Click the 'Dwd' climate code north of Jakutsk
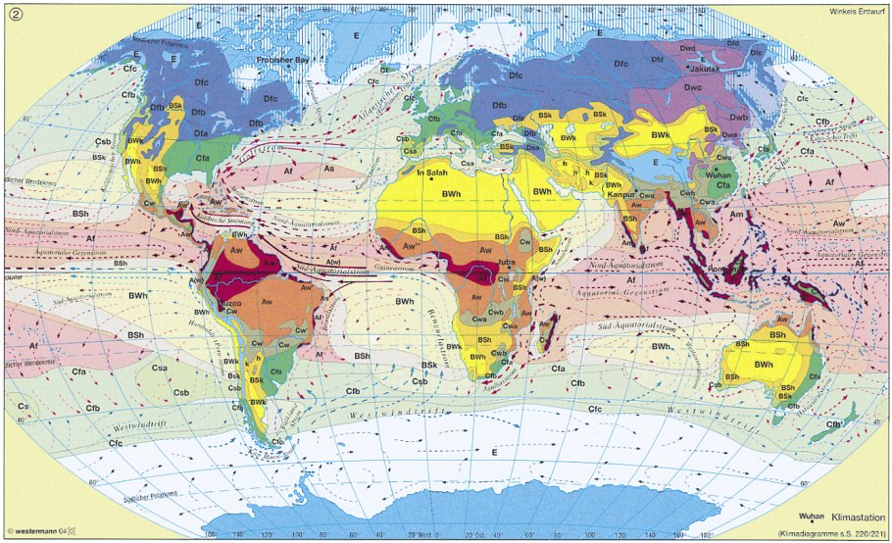click(x=690, y=46)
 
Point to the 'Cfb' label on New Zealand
click(x=836, y=423)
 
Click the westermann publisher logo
click(x=40, y=532)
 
